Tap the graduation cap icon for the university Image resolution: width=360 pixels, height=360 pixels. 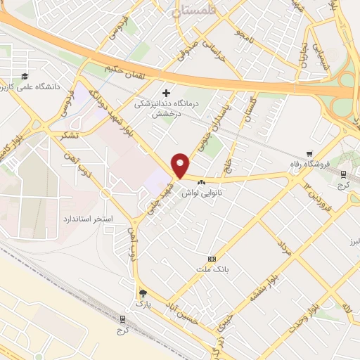tap(25, 76)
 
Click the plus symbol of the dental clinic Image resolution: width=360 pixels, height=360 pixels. tap(167, 92)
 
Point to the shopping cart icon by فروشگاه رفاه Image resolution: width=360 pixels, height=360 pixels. tap(309, 153)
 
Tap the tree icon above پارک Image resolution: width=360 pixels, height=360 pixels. tap(143, 293)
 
